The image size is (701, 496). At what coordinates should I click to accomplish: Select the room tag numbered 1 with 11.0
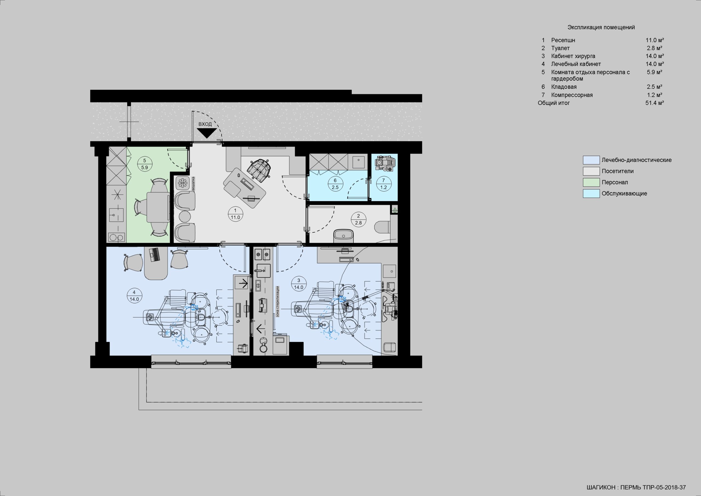coord(235,214)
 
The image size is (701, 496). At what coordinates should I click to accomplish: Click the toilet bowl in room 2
coord(382,226)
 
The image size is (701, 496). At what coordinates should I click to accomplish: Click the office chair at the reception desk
coord(259,169)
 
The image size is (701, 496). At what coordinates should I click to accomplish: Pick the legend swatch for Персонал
coord(591,183)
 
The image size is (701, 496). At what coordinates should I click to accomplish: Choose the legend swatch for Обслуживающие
coord(591,193)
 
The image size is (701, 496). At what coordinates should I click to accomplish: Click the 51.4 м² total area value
coord(655,103)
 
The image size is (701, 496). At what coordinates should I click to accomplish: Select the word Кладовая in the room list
coord(564,87)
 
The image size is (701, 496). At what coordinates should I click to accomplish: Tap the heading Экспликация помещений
coord(601,27)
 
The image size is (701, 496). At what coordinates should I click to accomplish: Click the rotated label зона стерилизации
coord(278,301)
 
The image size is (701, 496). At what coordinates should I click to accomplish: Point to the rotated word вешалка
coord(193,184)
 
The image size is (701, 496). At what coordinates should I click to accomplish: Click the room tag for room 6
coord(335,184)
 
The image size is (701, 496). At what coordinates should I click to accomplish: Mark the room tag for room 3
coord(298,284)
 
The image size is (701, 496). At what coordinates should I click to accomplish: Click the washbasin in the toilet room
coord(343,236)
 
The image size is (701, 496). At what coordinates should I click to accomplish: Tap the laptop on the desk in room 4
coord(154,255)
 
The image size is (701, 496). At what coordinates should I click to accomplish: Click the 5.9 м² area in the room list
coord(655,72)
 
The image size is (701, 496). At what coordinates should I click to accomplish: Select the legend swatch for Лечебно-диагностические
coord(591,160)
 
